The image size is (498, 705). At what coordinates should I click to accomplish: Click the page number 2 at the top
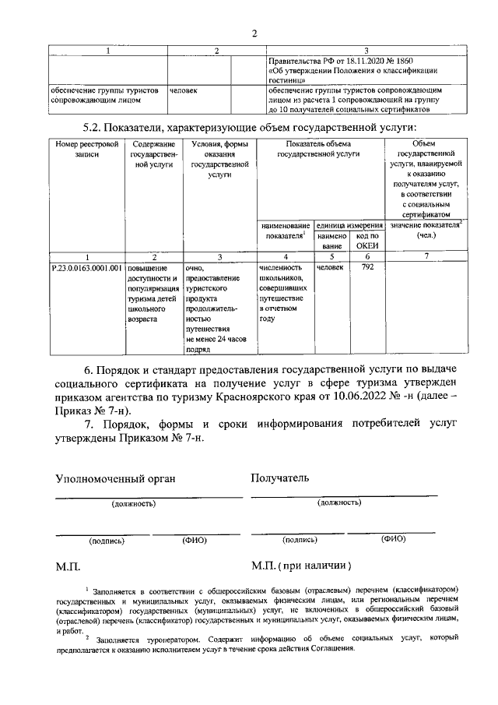pyautogui.click(x=254, y=32)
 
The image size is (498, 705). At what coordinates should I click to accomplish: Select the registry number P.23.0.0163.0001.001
pyautogui.click(x=86, y=269)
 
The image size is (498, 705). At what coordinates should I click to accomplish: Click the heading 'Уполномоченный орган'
pyautogui.click(x=115, y=478)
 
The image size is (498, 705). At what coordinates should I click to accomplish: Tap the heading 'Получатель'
pyautogui.click(x=280, y=477)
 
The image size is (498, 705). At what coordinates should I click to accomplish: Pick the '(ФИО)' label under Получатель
pyautogui.click(x=394, y=538)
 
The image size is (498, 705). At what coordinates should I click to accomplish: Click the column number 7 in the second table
pyautogui.click(x=426, y=256)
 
